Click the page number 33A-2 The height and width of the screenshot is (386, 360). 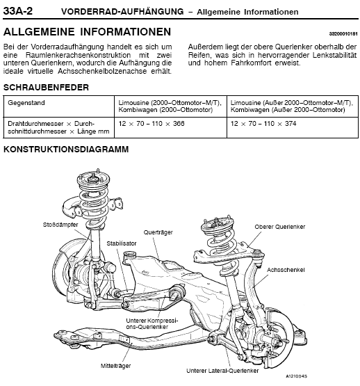[18, 11]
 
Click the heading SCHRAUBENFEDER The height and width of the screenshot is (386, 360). [46, 88]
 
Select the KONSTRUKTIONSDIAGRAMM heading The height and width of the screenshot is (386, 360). [66, 149]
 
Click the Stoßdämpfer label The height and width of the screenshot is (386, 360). [60, 225]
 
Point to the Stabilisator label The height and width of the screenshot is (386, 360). [122, 243]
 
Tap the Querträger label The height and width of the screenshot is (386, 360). [158, 232]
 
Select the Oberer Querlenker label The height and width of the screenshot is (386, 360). [280, 227]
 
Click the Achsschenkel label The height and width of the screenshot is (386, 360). [286, 270]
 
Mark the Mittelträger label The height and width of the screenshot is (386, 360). [115, 366]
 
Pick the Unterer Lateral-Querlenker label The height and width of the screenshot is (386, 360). [222, 371]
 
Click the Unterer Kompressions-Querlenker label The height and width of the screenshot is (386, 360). [152, 323]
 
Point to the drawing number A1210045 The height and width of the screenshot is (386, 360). [296, 376]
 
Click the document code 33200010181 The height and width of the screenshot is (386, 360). [343, 34]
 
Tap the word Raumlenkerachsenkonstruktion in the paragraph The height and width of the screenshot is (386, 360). [78, 55]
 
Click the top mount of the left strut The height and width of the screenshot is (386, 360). [94, 179]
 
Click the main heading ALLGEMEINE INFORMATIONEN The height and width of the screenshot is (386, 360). [87, 32]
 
